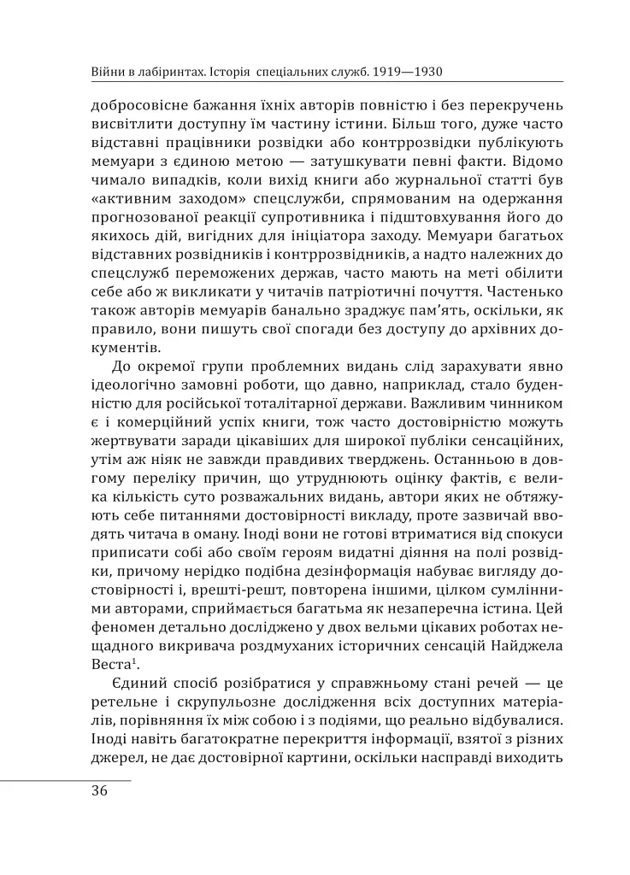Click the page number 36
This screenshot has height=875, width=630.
[99, 790]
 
